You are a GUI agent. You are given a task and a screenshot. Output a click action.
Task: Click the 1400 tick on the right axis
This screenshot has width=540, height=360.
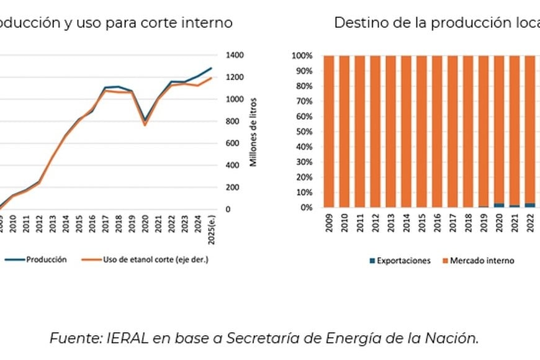[235, 55]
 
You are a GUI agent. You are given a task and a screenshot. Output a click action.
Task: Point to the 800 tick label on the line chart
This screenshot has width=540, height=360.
[232, 121]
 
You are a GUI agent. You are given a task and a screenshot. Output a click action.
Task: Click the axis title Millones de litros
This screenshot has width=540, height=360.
[253, 132]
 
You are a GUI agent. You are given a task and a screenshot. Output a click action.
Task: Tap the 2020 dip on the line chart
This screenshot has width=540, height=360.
[145, 122]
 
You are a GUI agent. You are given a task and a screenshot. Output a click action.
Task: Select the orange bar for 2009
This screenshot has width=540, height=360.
[329, 132]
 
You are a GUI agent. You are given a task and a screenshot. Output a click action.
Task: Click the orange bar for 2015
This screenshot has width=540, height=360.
[422, 132]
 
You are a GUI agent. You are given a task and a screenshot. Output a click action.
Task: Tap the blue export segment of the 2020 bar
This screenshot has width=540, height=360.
[500, 205]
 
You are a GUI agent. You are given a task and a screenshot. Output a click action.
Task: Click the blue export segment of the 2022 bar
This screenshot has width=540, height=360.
[530, 205]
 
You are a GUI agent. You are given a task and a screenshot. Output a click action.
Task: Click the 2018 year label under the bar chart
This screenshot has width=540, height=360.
[469, 225]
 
